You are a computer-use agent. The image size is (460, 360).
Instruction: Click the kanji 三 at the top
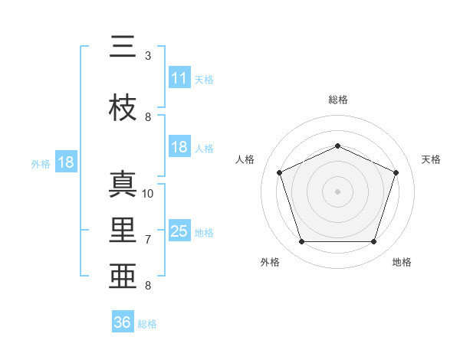pyautogui.click(x=123, y=46)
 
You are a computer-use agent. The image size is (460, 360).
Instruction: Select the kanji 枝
pyautogui.click(x=123, y=107)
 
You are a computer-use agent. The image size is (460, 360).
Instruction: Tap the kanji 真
pyautogui.click(x=123, y=184)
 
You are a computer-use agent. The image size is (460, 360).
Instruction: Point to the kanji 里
pyautogui.click(x=123, y=230)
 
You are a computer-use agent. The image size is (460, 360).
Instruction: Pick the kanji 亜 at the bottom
pyautogui.click(x=123, y=276)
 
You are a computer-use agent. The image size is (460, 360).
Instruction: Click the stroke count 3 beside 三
pyautogui.click(x=148, y=56)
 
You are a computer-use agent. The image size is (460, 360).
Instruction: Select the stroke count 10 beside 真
pyautogui.click(x=147, y=194)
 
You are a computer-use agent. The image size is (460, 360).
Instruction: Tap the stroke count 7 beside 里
pyautogui.click(x=148, y=240)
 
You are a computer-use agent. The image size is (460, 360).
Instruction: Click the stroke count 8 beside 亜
pyautogui.click(x=148, y=285)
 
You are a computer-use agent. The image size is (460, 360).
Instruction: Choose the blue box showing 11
pyautogui.click(x=180, y=77)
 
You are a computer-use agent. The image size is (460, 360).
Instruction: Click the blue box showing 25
pyautogui.click(x=180, y=230)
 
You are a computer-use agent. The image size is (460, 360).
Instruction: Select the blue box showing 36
pyautogui.click(x=123, y=321)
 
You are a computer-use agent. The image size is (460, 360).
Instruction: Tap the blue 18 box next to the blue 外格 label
pyautogui.click(x=66, y=162)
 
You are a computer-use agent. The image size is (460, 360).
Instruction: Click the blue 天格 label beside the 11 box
pyautogui.click(x=204, y=80)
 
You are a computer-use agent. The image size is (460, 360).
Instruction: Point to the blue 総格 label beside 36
pyautogui.click(x=147, y=324)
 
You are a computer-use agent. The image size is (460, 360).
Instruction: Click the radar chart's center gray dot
pyautogui.click(x=337, y=191)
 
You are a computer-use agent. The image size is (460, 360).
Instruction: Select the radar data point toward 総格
pyautogui.click(x=337, y=146)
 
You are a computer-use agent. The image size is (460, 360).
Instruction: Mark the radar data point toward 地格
pyautogui.click(x=373, y=241)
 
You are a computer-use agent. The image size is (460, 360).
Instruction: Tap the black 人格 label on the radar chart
pyautogui.click(x=245, y=159)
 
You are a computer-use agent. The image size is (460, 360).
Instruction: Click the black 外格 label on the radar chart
pyautogui.click(x=270, y=262)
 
